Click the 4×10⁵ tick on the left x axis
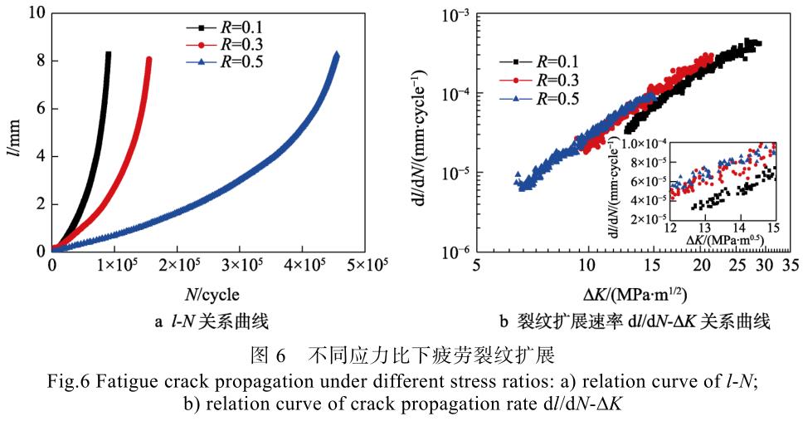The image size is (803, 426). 301,264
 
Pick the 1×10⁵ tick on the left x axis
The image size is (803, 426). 114,264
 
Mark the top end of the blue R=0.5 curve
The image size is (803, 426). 336,56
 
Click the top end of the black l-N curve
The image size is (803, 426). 108,53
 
